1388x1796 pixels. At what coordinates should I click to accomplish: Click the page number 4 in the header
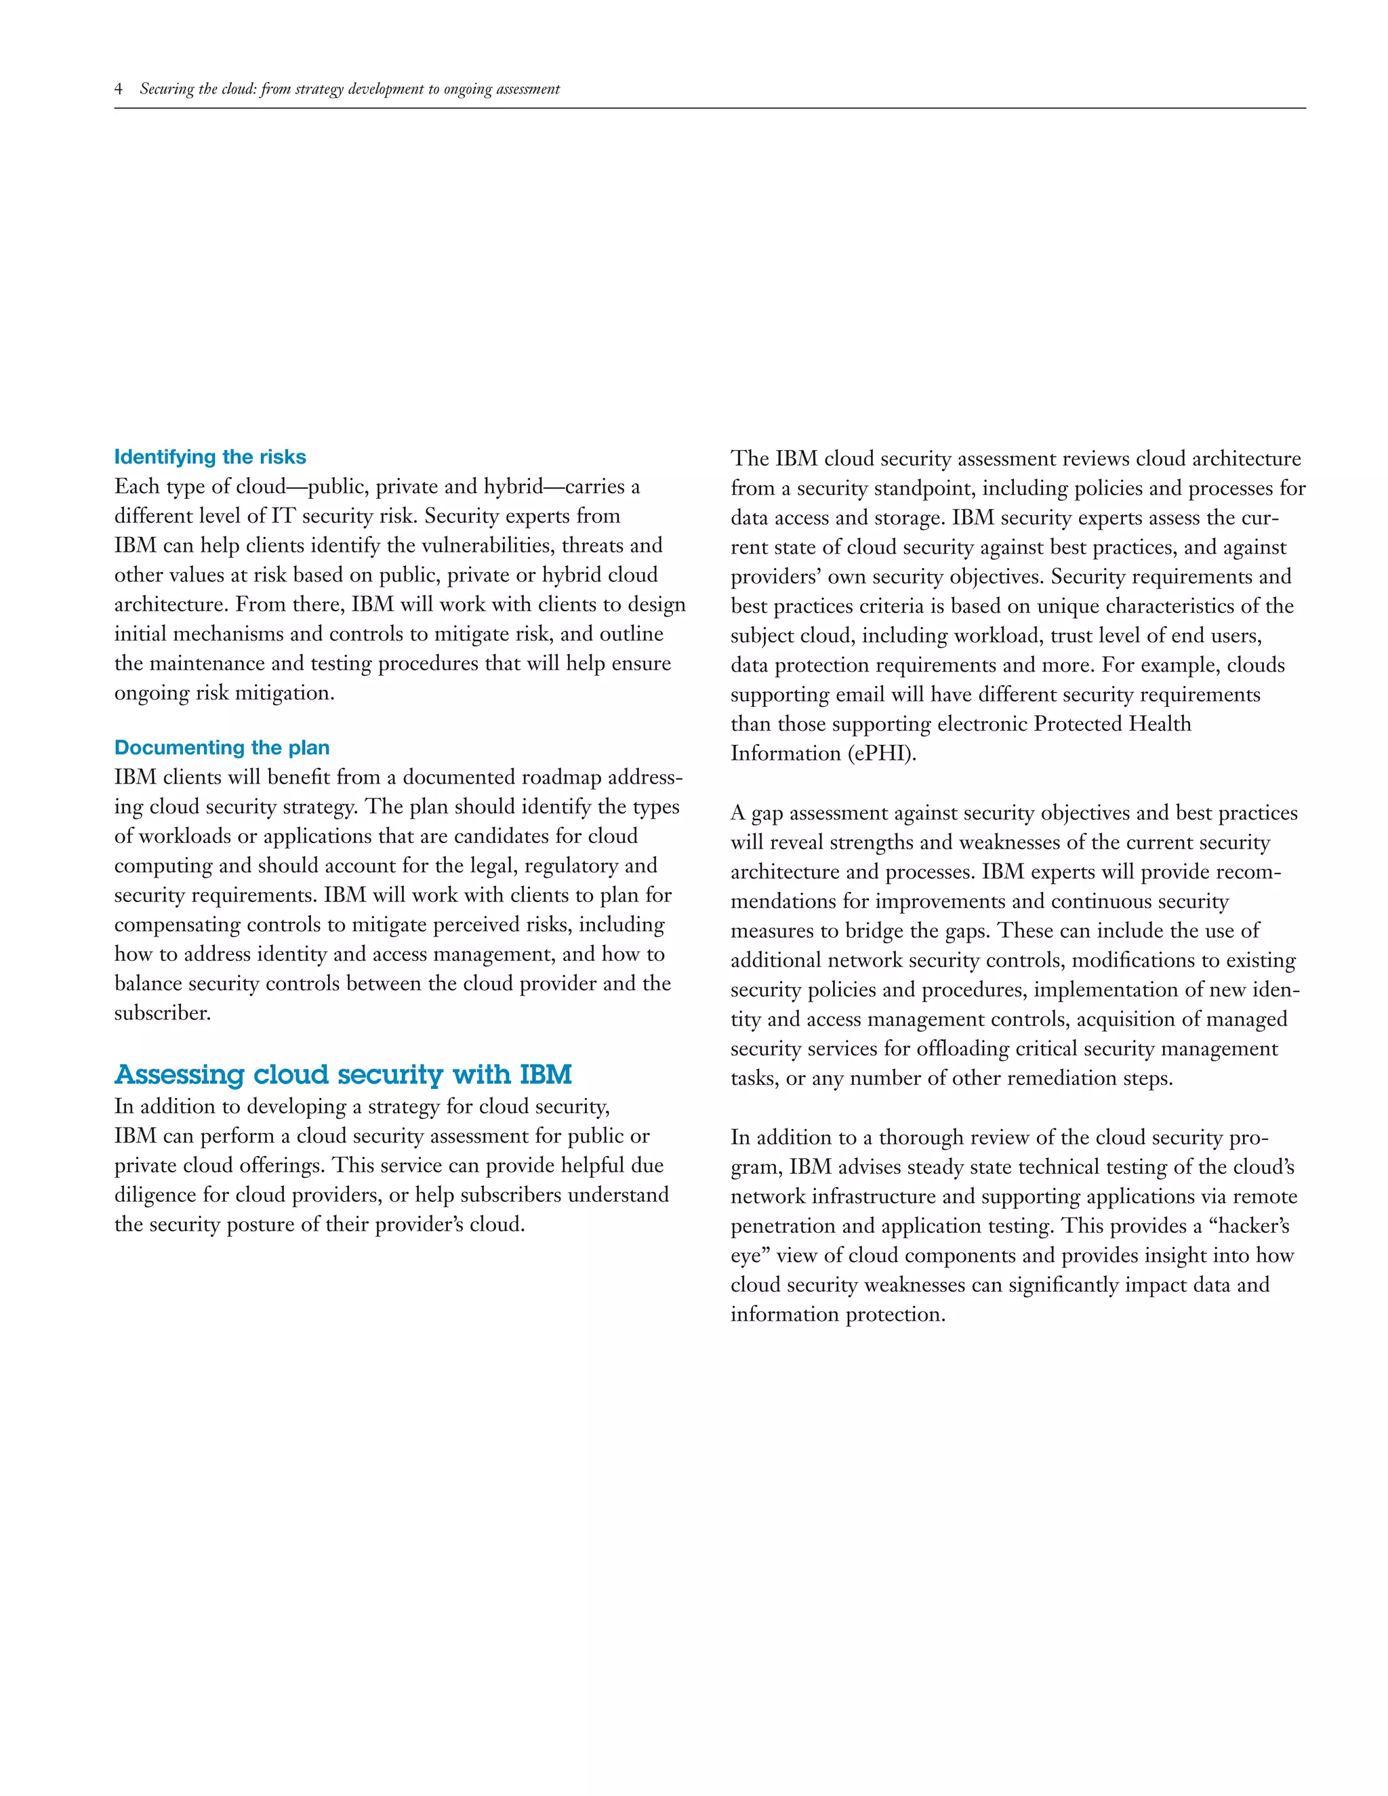click(119, 89)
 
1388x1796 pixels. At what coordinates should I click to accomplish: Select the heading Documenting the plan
click(222, 748)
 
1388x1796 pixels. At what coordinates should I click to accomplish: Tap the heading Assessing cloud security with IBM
click(343, 1074)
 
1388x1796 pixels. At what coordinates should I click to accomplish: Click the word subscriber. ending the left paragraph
click(163, 1013)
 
